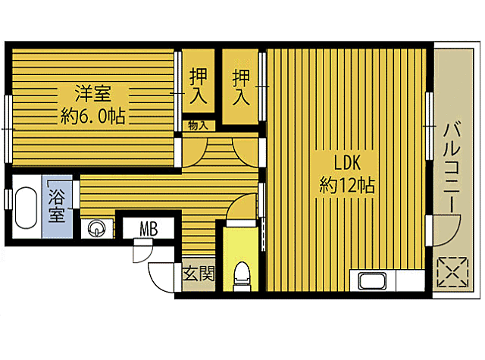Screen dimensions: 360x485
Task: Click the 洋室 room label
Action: pyautogui.click(x=92, y=95)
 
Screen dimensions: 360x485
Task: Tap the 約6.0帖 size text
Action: pyautogui.click(x=92, y=116)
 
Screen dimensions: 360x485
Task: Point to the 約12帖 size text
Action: pyautogui.click(x=347, y=185)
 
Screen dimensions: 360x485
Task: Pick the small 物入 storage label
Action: pyautogui.click(x=198, y=126)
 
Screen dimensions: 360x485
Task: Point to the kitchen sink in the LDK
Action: pyautogui.click(x=373, y=281)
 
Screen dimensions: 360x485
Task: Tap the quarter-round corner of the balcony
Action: pyautogui.click(x=447, y=227)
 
